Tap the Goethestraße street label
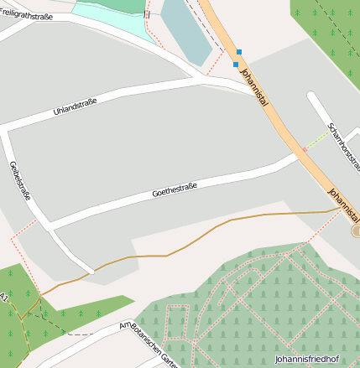click(174, 190)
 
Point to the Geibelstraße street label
click(19, 180)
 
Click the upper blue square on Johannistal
click(239, 52)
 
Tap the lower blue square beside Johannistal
click(235, 65)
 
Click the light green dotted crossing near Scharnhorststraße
click(316, 140)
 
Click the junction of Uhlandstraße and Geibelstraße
click(6, 130)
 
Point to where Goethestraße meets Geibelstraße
click(50, 227)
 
